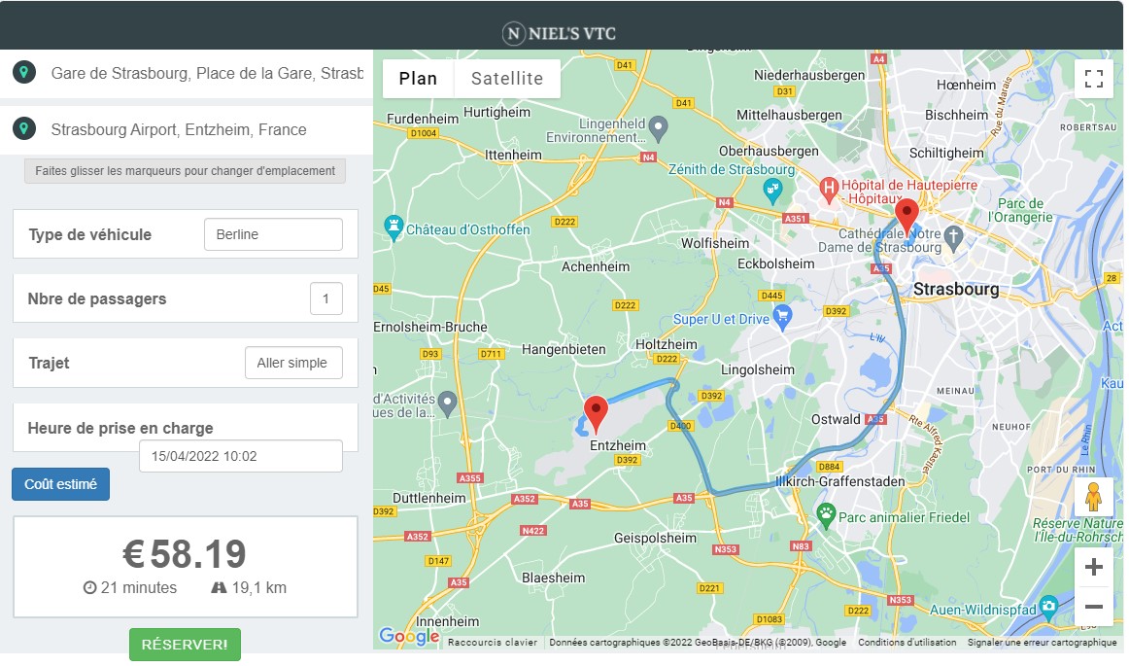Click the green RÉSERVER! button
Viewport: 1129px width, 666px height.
185,645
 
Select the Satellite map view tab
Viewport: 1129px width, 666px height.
507,79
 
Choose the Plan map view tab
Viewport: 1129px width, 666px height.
418,79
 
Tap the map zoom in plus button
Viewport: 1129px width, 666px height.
1093,567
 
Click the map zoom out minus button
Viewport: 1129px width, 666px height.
1093,607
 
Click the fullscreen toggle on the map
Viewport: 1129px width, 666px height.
1093,79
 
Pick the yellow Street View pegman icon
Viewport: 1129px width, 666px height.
1093,496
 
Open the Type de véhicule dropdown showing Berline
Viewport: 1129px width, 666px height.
273,234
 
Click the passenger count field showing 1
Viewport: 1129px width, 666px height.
325,298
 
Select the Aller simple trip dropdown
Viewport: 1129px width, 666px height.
292,363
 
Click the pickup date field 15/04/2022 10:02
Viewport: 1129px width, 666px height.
240,455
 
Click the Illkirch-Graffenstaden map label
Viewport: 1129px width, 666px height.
840,481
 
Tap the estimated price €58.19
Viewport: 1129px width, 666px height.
185,553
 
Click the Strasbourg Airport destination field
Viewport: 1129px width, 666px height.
194,129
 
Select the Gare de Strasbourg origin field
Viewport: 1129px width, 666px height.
194,73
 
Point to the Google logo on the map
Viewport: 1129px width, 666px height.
409,637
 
